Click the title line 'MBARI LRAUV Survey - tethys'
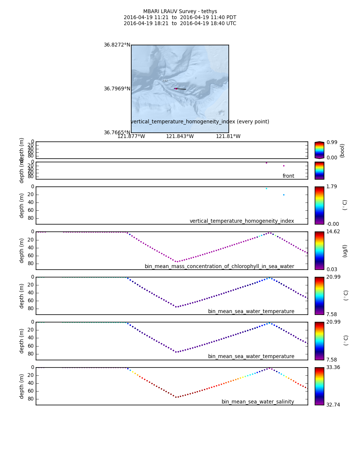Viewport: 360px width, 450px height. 180,12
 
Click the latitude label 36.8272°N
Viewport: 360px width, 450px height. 117,45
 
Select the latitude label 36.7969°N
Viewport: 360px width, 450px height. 117,89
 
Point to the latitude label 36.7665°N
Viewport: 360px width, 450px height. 117,133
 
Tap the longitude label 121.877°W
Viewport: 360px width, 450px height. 131,136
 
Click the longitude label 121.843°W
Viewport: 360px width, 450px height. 180,136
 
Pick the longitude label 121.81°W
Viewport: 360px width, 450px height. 228,136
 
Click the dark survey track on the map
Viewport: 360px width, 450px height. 181,89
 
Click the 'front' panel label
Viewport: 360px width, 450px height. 288,176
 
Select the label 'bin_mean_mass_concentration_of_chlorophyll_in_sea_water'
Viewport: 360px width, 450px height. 219,267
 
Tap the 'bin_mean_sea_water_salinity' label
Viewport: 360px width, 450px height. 258,402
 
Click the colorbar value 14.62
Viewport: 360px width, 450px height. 333,232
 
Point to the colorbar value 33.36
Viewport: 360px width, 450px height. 333,367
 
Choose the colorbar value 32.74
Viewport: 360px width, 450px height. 333,405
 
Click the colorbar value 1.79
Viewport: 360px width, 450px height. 331,187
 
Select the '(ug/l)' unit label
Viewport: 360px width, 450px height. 345,250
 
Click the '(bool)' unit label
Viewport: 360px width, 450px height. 342,150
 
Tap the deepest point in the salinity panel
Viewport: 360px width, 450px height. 176,397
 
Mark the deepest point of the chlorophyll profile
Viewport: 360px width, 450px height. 176,261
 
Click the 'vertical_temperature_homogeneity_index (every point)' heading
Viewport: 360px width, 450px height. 200,122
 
